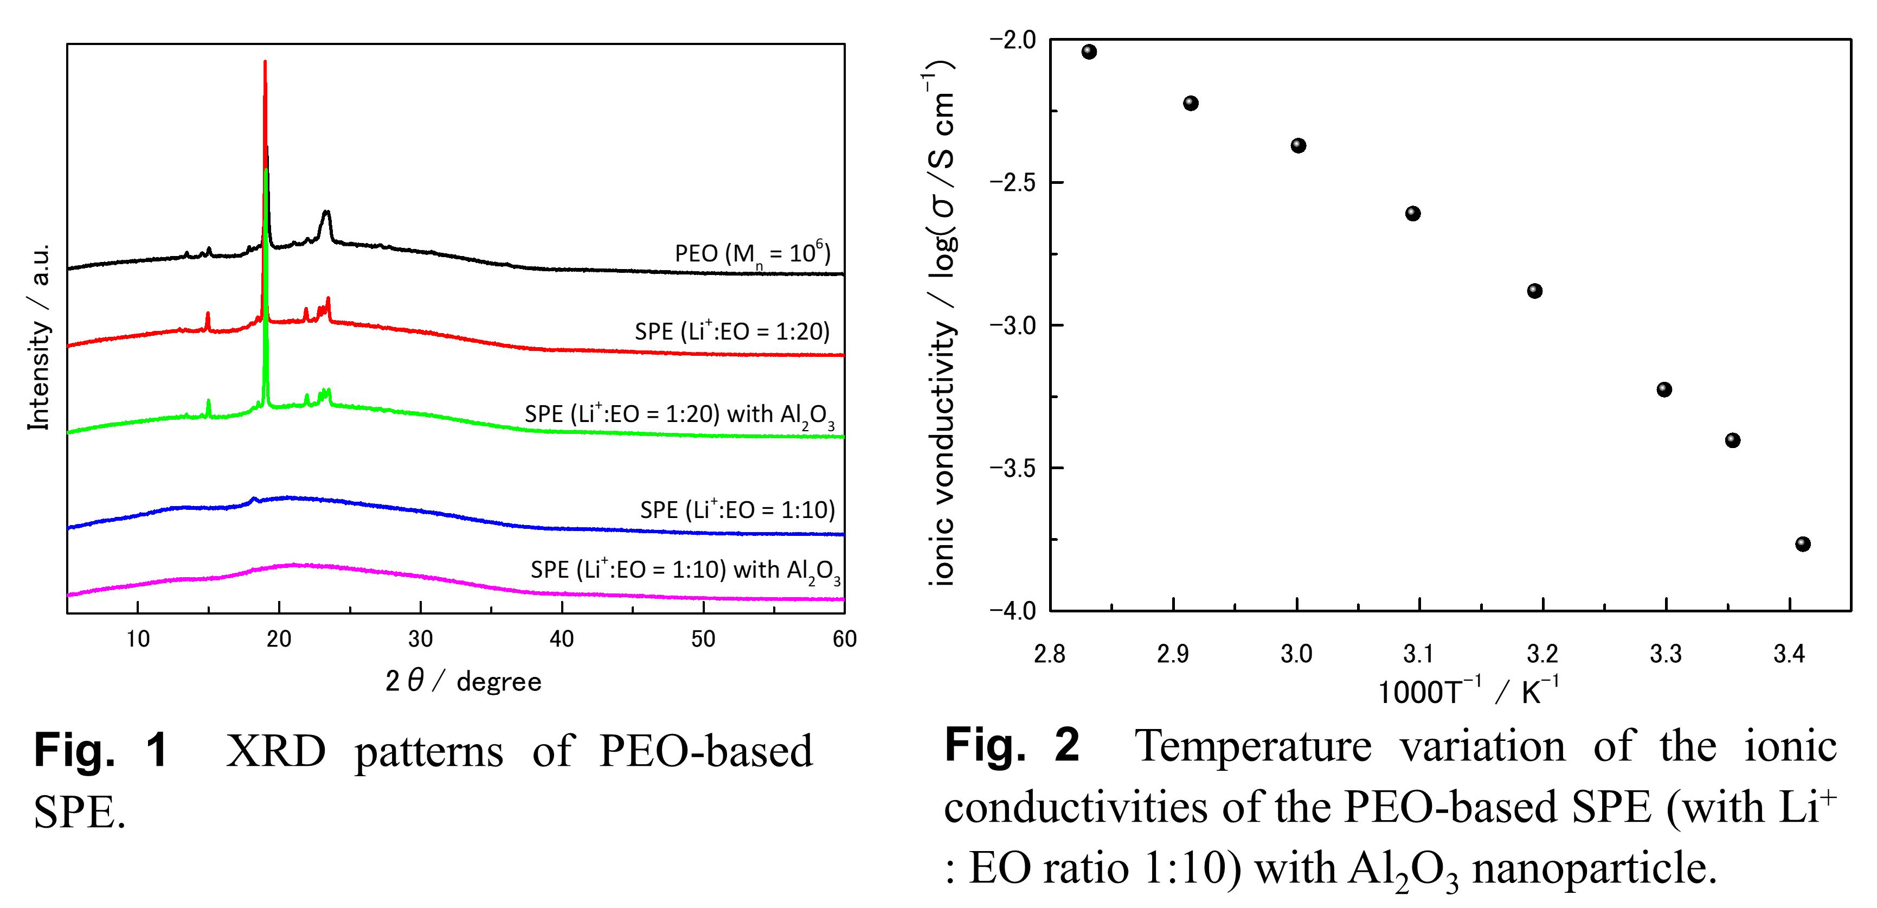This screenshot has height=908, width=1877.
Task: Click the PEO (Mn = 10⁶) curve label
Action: [752, 254]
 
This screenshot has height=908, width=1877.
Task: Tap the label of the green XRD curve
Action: [679, 414]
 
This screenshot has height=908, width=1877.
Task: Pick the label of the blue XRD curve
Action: [737, 509]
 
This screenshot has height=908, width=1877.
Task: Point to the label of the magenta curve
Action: [685, 570]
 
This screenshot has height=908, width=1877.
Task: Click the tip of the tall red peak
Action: [265, 63]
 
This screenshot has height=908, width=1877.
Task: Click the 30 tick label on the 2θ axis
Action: [420, 639]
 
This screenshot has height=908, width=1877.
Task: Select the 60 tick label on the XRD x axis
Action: [844, 639]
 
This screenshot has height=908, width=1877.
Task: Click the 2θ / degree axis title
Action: [464, 681]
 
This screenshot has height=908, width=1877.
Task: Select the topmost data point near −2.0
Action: [1089, 52]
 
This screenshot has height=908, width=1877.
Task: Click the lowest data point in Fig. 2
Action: [1803, 543]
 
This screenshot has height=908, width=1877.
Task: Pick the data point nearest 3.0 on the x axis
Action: [1299, 146]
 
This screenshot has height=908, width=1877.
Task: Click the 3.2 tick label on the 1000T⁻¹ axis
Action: [1542, 654]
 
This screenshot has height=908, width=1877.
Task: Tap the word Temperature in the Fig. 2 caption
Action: [1252, 746]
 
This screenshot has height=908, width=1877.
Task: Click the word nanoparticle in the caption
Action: [1593, 868]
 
